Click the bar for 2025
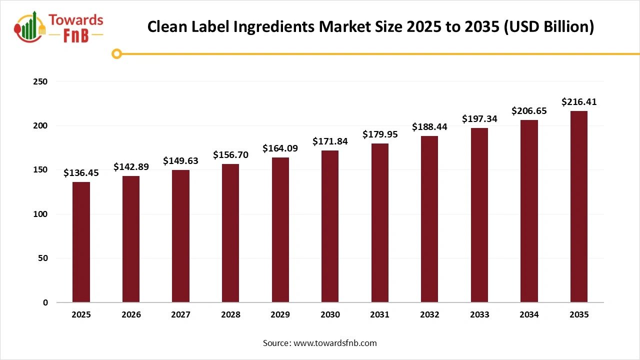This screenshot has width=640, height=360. tap(81, 242)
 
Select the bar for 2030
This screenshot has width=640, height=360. tap(330, 226)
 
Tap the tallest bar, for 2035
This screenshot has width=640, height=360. tap(579, 206)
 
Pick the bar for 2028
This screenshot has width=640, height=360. tap(230, 233)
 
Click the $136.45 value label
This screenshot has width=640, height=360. tap(81, 173)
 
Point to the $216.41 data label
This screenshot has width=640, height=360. tap(579, 102)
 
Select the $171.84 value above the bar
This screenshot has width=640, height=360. tap(330, 141)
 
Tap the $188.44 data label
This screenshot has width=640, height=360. tap(429, 127)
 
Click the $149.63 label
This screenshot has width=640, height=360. tap(180, 161)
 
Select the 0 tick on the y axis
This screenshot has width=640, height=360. tap(45, 302)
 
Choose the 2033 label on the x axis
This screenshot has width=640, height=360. tap(479, 314)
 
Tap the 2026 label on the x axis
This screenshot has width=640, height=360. tap(131, 314)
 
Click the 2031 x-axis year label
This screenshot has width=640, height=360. tap(380, 314)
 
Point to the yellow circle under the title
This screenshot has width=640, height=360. tap(116, 53)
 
